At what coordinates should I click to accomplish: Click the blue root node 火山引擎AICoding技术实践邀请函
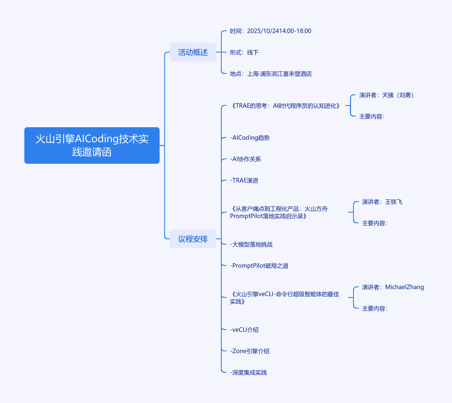[x=92, y=145]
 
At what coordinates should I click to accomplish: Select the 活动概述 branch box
[x=193, y=53]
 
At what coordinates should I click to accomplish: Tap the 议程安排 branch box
[x=193, y=239]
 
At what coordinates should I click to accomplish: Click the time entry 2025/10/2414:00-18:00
[x=271, y=31]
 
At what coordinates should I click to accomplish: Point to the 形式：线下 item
[x=244, y=53]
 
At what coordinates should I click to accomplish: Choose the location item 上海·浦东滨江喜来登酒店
[x=271, y=74]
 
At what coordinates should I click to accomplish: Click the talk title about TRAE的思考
[x=285, y=106]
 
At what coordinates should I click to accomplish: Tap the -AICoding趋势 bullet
[x=250, y=138]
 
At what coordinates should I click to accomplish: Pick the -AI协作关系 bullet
[x=246, y=159]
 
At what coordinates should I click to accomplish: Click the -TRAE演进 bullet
[x=244, y=181]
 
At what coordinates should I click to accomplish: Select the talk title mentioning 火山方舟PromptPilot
[x=279, y=213]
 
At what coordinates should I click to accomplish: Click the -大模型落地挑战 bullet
[x=251, y=245]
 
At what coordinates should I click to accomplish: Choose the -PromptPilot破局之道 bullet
[x=259, y=266]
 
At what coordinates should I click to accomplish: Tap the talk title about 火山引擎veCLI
[x=285, y=298]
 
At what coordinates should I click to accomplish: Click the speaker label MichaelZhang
[x=393, y=287]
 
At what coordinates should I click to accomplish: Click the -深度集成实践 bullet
[x=248, y=373]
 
